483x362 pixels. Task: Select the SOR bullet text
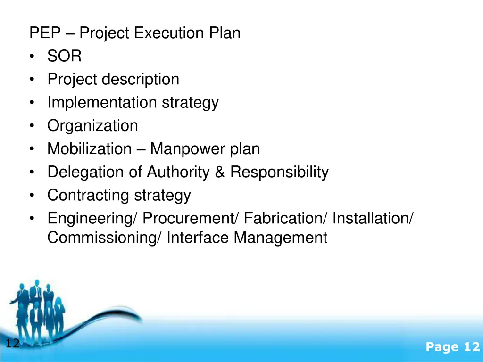coord(65,57)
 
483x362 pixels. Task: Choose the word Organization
coord(92,126)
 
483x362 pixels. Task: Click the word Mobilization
coord(89,149)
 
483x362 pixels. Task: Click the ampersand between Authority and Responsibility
coord(219,172)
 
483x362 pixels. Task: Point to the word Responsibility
coord(279,172)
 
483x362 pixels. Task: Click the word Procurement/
coord(192,218)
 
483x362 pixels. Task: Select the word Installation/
coord(373,218)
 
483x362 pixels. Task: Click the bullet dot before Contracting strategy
coord(31,196)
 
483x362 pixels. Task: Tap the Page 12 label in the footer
coord(452,347)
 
